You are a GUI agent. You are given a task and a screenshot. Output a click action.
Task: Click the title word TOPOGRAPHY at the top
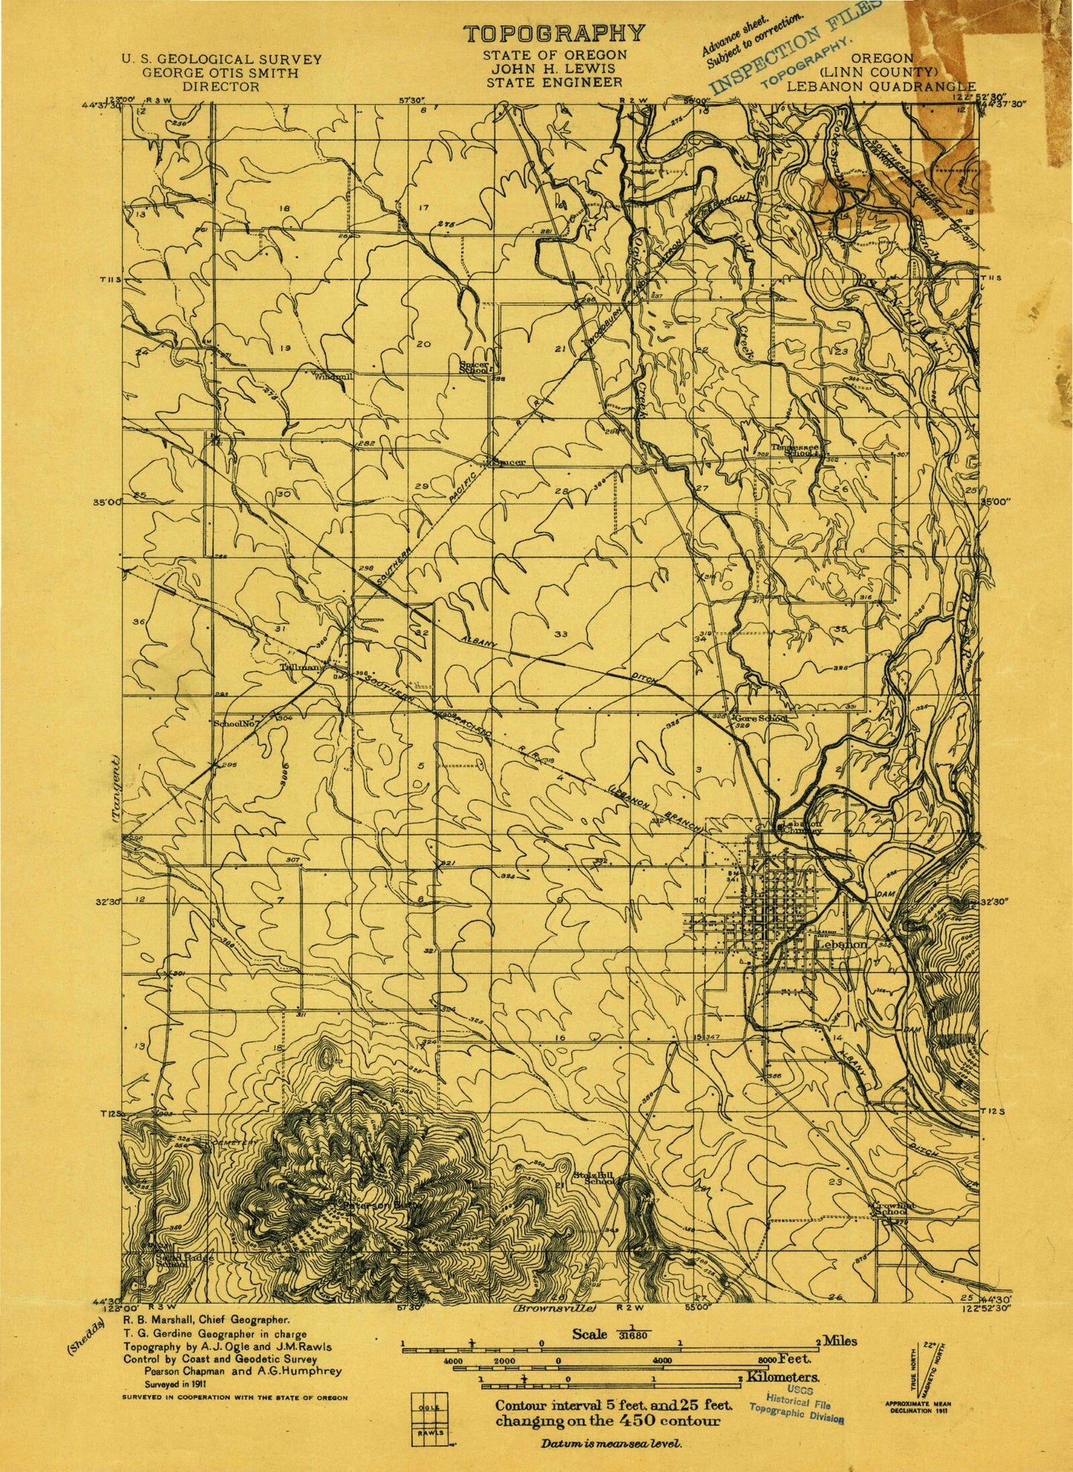pyautogui.click(x=554, y=33)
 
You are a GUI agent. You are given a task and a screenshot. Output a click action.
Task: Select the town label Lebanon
pyautogui.click(x=841, y=945)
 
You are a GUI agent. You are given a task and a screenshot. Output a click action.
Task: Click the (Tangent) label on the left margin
pyautogui.click(x=116, y=788)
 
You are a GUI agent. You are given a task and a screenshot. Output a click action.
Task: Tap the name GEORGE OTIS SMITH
pyautogui.click(x=221, y=73)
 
